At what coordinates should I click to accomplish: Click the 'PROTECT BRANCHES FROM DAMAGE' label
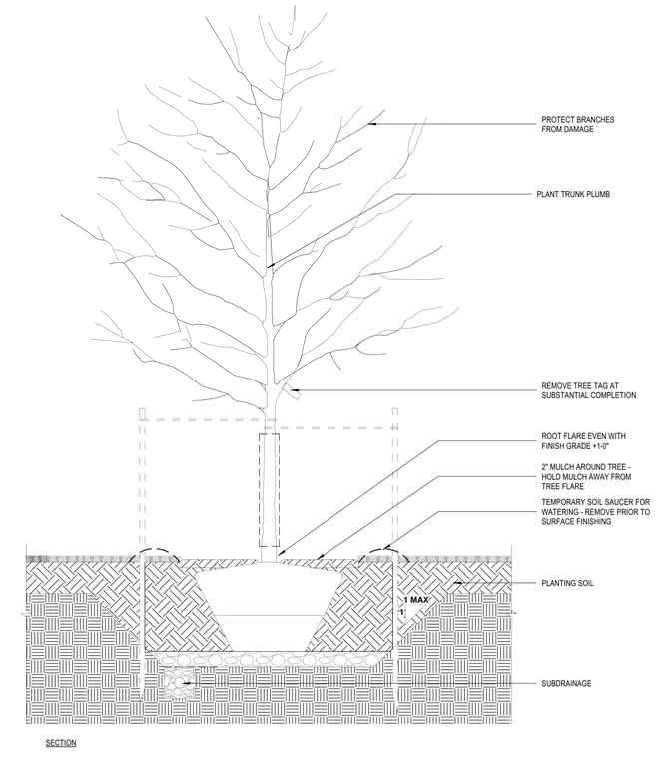(x=578, y=124)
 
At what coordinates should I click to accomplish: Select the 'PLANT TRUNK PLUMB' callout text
(x=573, y=194)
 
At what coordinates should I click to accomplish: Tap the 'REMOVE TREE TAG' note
(x=589, y=390)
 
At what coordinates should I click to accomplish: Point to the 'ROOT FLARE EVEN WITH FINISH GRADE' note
(x=583, y=441)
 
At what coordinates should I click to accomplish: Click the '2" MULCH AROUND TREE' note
(x=586, y=476)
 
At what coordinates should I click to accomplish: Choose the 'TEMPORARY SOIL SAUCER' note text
(x=595, y=512)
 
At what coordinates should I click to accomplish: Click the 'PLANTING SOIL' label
(x=567, y=584)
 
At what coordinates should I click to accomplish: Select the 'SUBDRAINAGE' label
(x=566, y=683)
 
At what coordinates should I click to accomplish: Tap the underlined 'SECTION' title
(x=61, y=743)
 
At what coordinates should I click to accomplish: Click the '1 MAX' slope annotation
(x=416, y=600)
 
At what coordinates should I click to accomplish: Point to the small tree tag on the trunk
(x=292, y=392)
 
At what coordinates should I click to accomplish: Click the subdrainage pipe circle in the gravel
(x=179, y=683)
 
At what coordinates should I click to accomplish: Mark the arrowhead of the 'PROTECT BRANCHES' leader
(x=371, y=124)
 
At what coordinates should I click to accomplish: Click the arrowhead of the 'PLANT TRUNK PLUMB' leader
(x=271, y=265)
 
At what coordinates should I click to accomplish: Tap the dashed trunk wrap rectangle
(x=269, y=490)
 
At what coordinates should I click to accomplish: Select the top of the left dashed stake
(x=142, y=409)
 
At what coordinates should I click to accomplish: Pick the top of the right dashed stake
(x=394, y=409)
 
